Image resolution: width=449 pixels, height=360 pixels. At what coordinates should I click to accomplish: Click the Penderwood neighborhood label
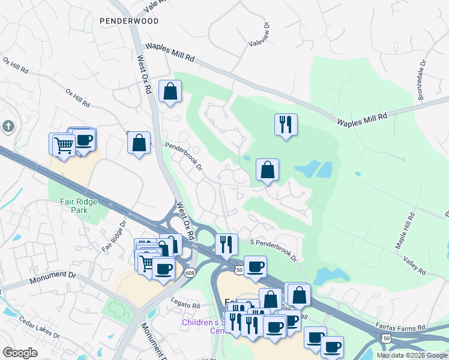(129, 21)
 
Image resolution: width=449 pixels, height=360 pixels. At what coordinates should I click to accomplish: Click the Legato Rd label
(185, 305)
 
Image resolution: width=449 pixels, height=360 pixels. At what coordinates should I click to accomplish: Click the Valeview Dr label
(259, 37)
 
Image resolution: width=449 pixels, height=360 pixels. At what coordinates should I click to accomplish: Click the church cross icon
(7, 126)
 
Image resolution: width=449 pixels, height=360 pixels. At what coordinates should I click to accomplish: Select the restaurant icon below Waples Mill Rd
(286, 125)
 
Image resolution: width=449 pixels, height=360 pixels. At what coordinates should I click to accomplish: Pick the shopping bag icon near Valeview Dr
(170, 92)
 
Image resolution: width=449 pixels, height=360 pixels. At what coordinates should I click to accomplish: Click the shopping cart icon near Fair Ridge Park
(63, 143)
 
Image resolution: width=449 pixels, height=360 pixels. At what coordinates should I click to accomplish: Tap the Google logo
(20, 353)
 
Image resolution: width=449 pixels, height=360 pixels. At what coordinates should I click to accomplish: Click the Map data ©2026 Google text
(411, 355)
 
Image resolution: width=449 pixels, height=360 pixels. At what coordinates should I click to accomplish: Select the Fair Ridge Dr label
(113, 236)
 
